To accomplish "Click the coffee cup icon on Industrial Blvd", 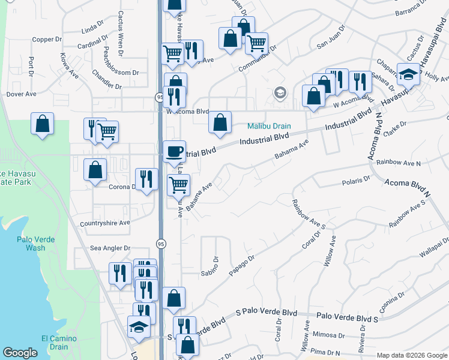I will tap(175, 150).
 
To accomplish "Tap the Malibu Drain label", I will tap(270, 127).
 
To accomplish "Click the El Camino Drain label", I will tap(59, 343).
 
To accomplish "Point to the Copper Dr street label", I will tap(47, 40).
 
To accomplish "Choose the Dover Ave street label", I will tap(22, 94).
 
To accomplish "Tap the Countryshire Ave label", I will tap(105, 223).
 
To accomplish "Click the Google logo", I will tap(20, 353).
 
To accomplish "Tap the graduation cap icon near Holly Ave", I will tap(408, 74).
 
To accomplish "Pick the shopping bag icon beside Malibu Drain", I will tap(220, 122).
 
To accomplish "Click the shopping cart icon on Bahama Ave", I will tap(179, 185).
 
